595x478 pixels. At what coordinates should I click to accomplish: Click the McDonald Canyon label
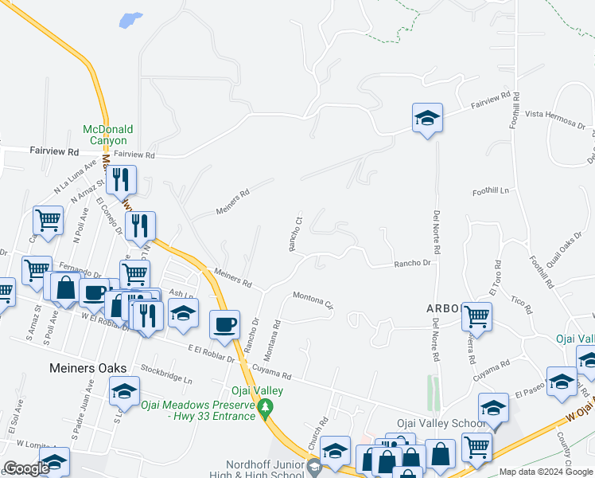click(109, 135)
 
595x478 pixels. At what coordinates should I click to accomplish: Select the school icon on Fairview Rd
click(427, 119)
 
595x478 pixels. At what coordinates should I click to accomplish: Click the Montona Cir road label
click(313, 300)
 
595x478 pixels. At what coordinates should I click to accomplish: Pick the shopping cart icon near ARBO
click(476, 316)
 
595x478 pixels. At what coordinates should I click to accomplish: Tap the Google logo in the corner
click(26, 468)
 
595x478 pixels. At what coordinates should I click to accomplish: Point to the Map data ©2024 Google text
click(546, 472)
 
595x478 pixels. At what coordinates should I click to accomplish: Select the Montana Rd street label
click(271, 339)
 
